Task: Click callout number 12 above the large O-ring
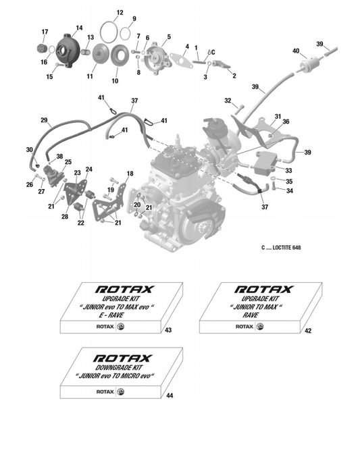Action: [x=120, y=13]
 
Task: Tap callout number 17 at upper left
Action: [x=45, y=32]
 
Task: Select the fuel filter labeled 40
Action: [x=308, y=63]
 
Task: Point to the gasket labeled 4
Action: [x=182, y=61]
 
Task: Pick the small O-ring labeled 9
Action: [x=125, y=33]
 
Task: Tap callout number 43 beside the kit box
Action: [x=168, y=330]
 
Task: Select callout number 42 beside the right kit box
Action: [x=308, y=331]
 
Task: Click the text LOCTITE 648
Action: [x=286, y=248]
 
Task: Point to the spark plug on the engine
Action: [x=177, y=141]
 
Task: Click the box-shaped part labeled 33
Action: [x=265, y=163]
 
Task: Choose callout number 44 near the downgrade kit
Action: [x=170, y=396]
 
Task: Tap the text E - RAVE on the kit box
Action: [x=111, y=315]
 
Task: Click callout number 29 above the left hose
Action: [x=44, y=120]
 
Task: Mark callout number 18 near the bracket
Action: [x=130, y=173]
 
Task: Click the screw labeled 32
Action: [x=238, y=109]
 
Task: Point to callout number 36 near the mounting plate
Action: [x=286, y=122]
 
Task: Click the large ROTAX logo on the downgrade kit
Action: [x=123, y=358]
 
